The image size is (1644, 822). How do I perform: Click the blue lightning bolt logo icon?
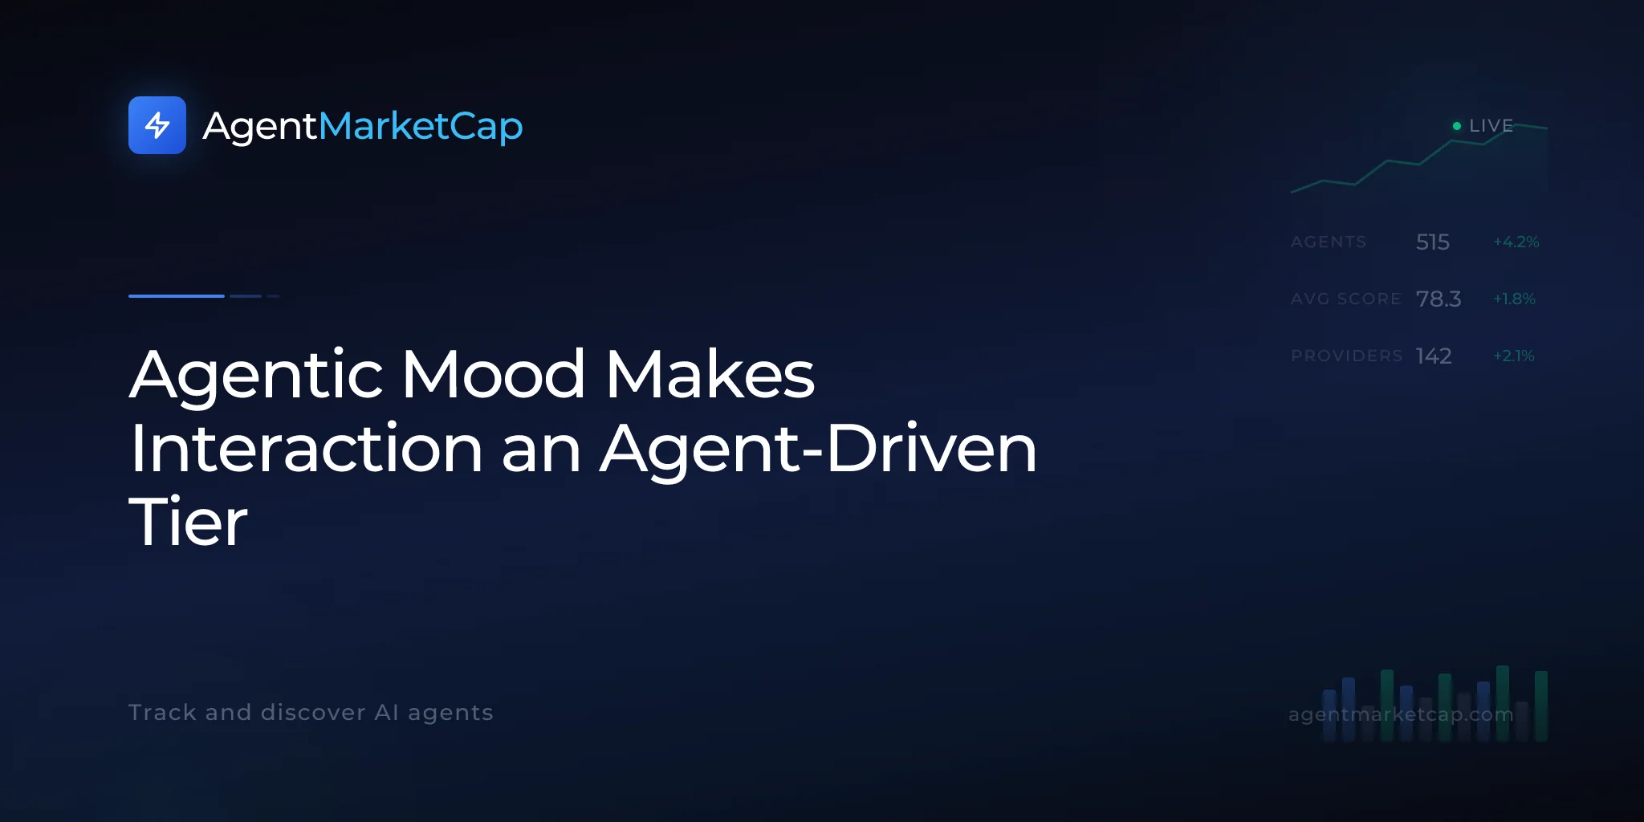(x=157, y=125)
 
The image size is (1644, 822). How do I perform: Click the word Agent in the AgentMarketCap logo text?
(x=260, y=127)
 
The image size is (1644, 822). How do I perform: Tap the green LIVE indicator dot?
(x=1457, y=126)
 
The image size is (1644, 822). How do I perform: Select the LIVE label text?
(x=1491, y=126)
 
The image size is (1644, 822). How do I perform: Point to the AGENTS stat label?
(x=1329, y=242)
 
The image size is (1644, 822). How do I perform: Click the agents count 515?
(x=1433, y=242)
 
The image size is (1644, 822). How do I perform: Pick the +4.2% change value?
(x=1516, y=242)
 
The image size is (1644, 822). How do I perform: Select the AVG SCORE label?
(x=1346, y=299)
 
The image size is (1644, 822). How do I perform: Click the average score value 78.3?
(x=1438, y=299)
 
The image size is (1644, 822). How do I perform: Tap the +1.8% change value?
(x=1514, y=299)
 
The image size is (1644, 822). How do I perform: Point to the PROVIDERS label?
(x=1347, y=356)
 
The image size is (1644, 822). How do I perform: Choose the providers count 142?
(x=1434, y=356)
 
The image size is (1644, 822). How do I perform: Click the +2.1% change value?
(x=1514, y=356)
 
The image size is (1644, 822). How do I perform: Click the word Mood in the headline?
(x=493, y=374)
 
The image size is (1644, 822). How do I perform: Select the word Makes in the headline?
(x=710, y=374)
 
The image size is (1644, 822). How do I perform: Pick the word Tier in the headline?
(x=189, y=522)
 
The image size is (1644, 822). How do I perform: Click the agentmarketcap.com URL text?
(x=1401, y=714)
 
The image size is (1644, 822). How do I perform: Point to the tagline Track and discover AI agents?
(x=311, y=713)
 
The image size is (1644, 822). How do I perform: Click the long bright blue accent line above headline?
(x=177, y=296)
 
